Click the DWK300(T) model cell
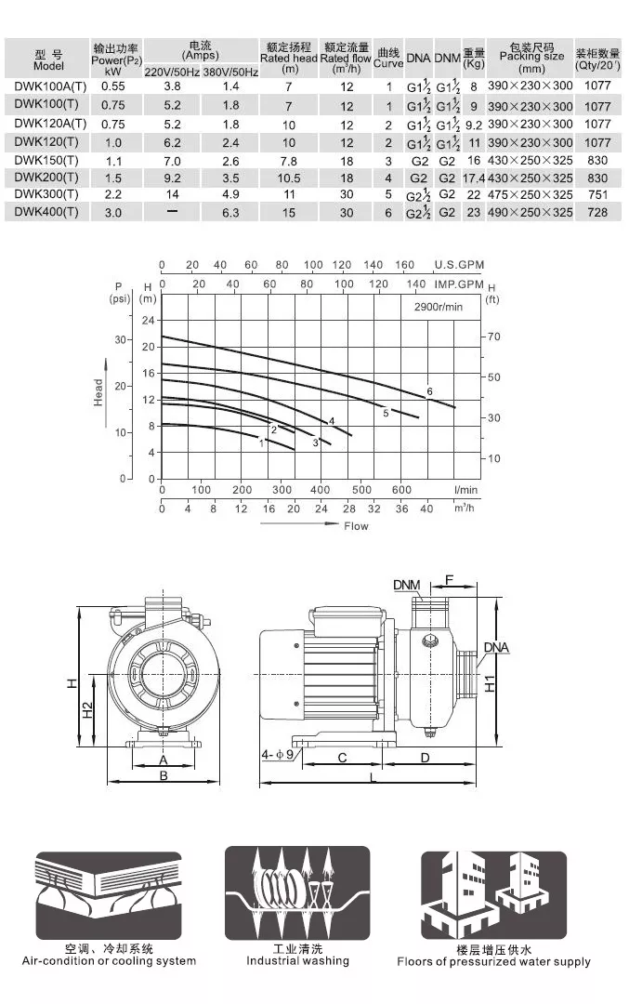[46, 194]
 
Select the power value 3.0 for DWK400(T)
[113, 213]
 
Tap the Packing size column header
[531, 58]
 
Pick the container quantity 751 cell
[597, 194]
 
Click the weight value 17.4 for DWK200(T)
[474, 178]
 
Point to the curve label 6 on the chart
[429, 391]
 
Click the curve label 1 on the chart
[261, 443]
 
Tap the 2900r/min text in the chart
[438, 307]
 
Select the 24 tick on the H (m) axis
[149, 320]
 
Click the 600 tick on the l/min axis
[401, 490]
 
